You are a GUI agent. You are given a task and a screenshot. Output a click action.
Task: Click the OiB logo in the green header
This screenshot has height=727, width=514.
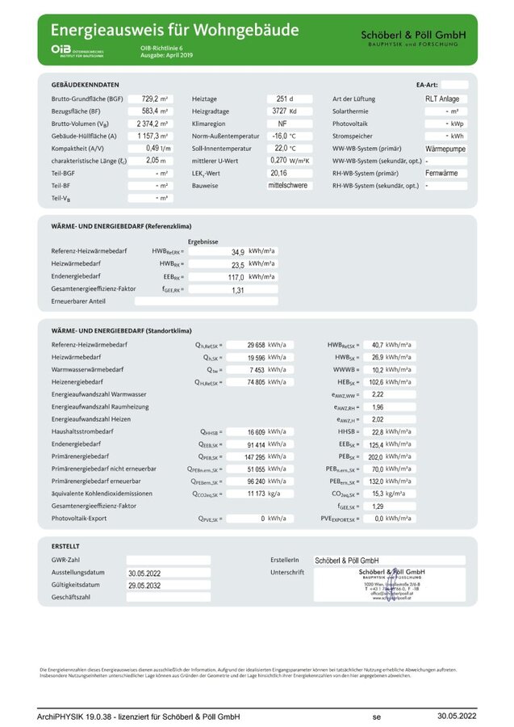click(61, 50)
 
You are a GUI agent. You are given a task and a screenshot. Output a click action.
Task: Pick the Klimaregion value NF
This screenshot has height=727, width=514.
click(282, 124)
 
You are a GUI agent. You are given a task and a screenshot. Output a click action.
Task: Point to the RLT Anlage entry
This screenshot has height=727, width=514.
click(443, 99)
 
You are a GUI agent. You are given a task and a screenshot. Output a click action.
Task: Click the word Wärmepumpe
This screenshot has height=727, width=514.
click(445, 149)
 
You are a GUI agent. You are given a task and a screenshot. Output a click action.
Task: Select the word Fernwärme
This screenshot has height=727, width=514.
click(441, 174)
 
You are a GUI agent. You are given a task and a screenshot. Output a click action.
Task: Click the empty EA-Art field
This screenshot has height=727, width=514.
click(454, 84)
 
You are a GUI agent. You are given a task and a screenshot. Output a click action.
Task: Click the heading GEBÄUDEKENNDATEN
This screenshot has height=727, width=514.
click(85, 84)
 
